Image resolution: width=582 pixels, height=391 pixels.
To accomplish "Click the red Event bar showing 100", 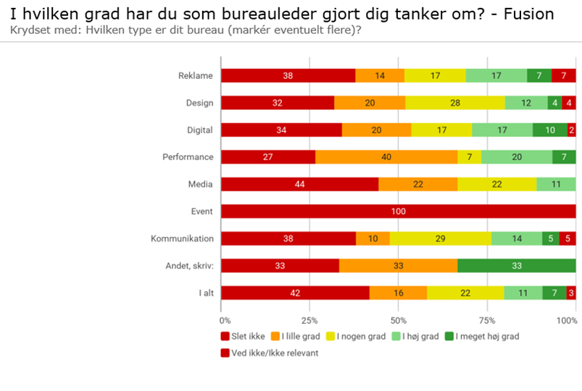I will (398, 211).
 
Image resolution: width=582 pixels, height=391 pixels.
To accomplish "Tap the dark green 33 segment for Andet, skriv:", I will (517, 266).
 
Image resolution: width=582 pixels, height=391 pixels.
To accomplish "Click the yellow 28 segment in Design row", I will (454, 103).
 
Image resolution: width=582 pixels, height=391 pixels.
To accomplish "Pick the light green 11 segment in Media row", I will (556, 185).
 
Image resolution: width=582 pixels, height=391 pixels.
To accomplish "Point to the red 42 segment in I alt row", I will (295, 293).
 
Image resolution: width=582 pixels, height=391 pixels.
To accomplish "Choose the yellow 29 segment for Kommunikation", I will (440, 239).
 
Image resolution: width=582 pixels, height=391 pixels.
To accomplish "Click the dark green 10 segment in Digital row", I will (550, 130).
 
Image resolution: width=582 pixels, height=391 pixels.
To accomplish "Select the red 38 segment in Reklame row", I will (288, 75).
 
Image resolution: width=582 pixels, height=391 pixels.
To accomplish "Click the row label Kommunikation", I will (182, 239).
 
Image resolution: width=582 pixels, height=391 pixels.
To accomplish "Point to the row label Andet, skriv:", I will (187, 266).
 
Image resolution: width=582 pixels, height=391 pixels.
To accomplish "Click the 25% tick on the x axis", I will (309, 319).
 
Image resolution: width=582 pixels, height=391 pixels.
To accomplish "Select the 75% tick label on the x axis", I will (487, 319).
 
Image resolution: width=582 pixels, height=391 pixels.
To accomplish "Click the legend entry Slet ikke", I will (244, 336).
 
